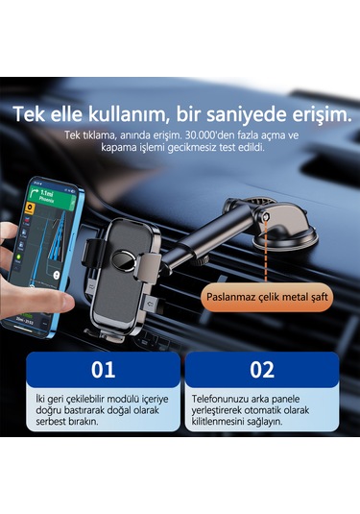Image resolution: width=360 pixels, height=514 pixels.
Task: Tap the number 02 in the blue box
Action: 260,370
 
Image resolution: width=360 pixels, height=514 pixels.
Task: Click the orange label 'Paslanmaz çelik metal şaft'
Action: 268,297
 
